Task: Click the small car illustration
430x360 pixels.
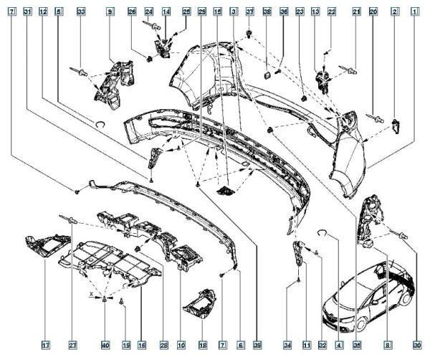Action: [x=366, y=301]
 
